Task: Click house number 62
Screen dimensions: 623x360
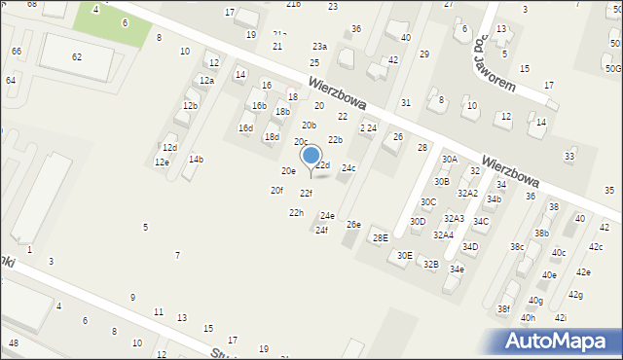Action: pos(77,56)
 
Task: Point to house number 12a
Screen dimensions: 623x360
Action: pos(205,81)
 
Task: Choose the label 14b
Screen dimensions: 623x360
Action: pos(196,159)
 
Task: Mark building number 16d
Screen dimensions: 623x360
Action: pos(245,127)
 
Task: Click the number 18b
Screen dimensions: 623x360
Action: pos(282,112)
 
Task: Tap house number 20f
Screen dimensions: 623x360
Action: pos(276,190)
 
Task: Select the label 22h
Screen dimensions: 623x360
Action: pos(295,212)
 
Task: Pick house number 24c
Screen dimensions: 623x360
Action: pos(348,168)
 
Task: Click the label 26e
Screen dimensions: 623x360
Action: pos(353,225)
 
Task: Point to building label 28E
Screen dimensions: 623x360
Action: pos(380,238)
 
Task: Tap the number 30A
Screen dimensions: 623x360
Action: pos(449,159)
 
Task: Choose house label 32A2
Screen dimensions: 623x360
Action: pos(468,193)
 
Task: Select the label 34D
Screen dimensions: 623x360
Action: pos(470,246)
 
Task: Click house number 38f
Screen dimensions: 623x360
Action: pos(503,308)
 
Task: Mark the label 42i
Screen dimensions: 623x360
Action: pos(560,317)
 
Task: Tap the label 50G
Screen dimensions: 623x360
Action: pos(612,68)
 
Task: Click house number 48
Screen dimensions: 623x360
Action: pos(13,343)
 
